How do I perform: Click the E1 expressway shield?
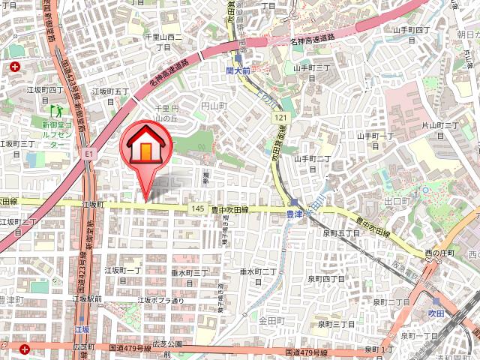click(x=88, y=153)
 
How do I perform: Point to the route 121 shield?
click(x=280, y=118)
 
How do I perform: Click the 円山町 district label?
click(x=214, y=108)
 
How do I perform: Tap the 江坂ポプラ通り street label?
click(x=160, y=301)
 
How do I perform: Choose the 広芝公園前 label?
click(x=163, y=343)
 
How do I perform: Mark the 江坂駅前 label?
click(x=87, y=298)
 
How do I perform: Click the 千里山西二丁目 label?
click(x=163, y=40)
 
